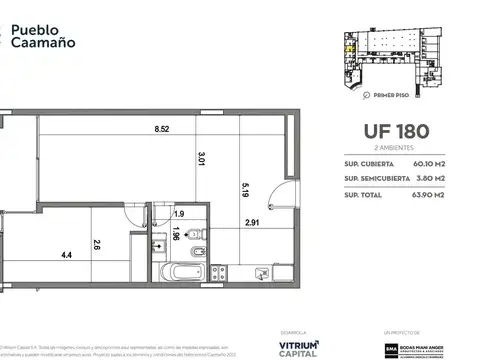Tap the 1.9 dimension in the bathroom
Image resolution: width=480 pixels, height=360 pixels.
click(x=179, y=214)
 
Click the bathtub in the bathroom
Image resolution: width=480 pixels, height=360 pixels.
click(x=186, y=272)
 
